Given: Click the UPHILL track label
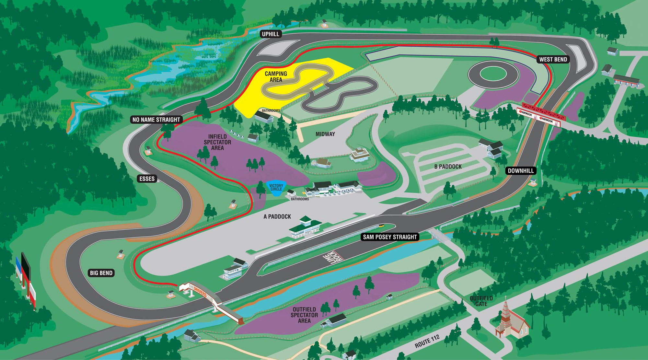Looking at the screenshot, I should click(x=271, y=34).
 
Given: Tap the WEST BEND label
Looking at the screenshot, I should click(x=553, y=59).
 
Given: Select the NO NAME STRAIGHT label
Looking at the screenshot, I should click(x=156, y=120).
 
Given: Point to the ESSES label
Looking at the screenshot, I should click(x=147, y=179).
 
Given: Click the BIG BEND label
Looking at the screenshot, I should click(x=101, y=273).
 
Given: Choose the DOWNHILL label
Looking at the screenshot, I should click(x=520, y=171).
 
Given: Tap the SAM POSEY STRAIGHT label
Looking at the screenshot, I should click(x=390, y=237).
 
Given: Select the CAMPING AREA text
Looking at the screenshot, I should click(x=276, y=77).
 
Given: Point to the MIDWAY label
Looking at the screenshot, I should click(x=325, y=134).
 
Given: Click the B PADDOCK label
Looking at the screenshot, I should click(x=448, y=167).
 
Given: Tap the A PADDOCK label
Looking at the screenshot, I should click(x=277, y=216).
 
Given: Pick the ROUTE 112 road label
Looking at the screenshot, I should click(x=427, y=341).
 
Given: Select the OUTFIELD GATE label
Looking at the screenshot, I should click(x=481, y=301).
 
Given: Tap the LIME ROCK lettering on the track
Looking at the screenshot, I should click(x=334, y=258).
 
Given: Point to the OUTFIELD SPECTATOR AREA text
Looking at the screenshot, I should click(x=304, y=315).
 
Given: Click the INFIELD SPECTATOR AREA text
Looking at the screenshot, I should click(x=217, y=142).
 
